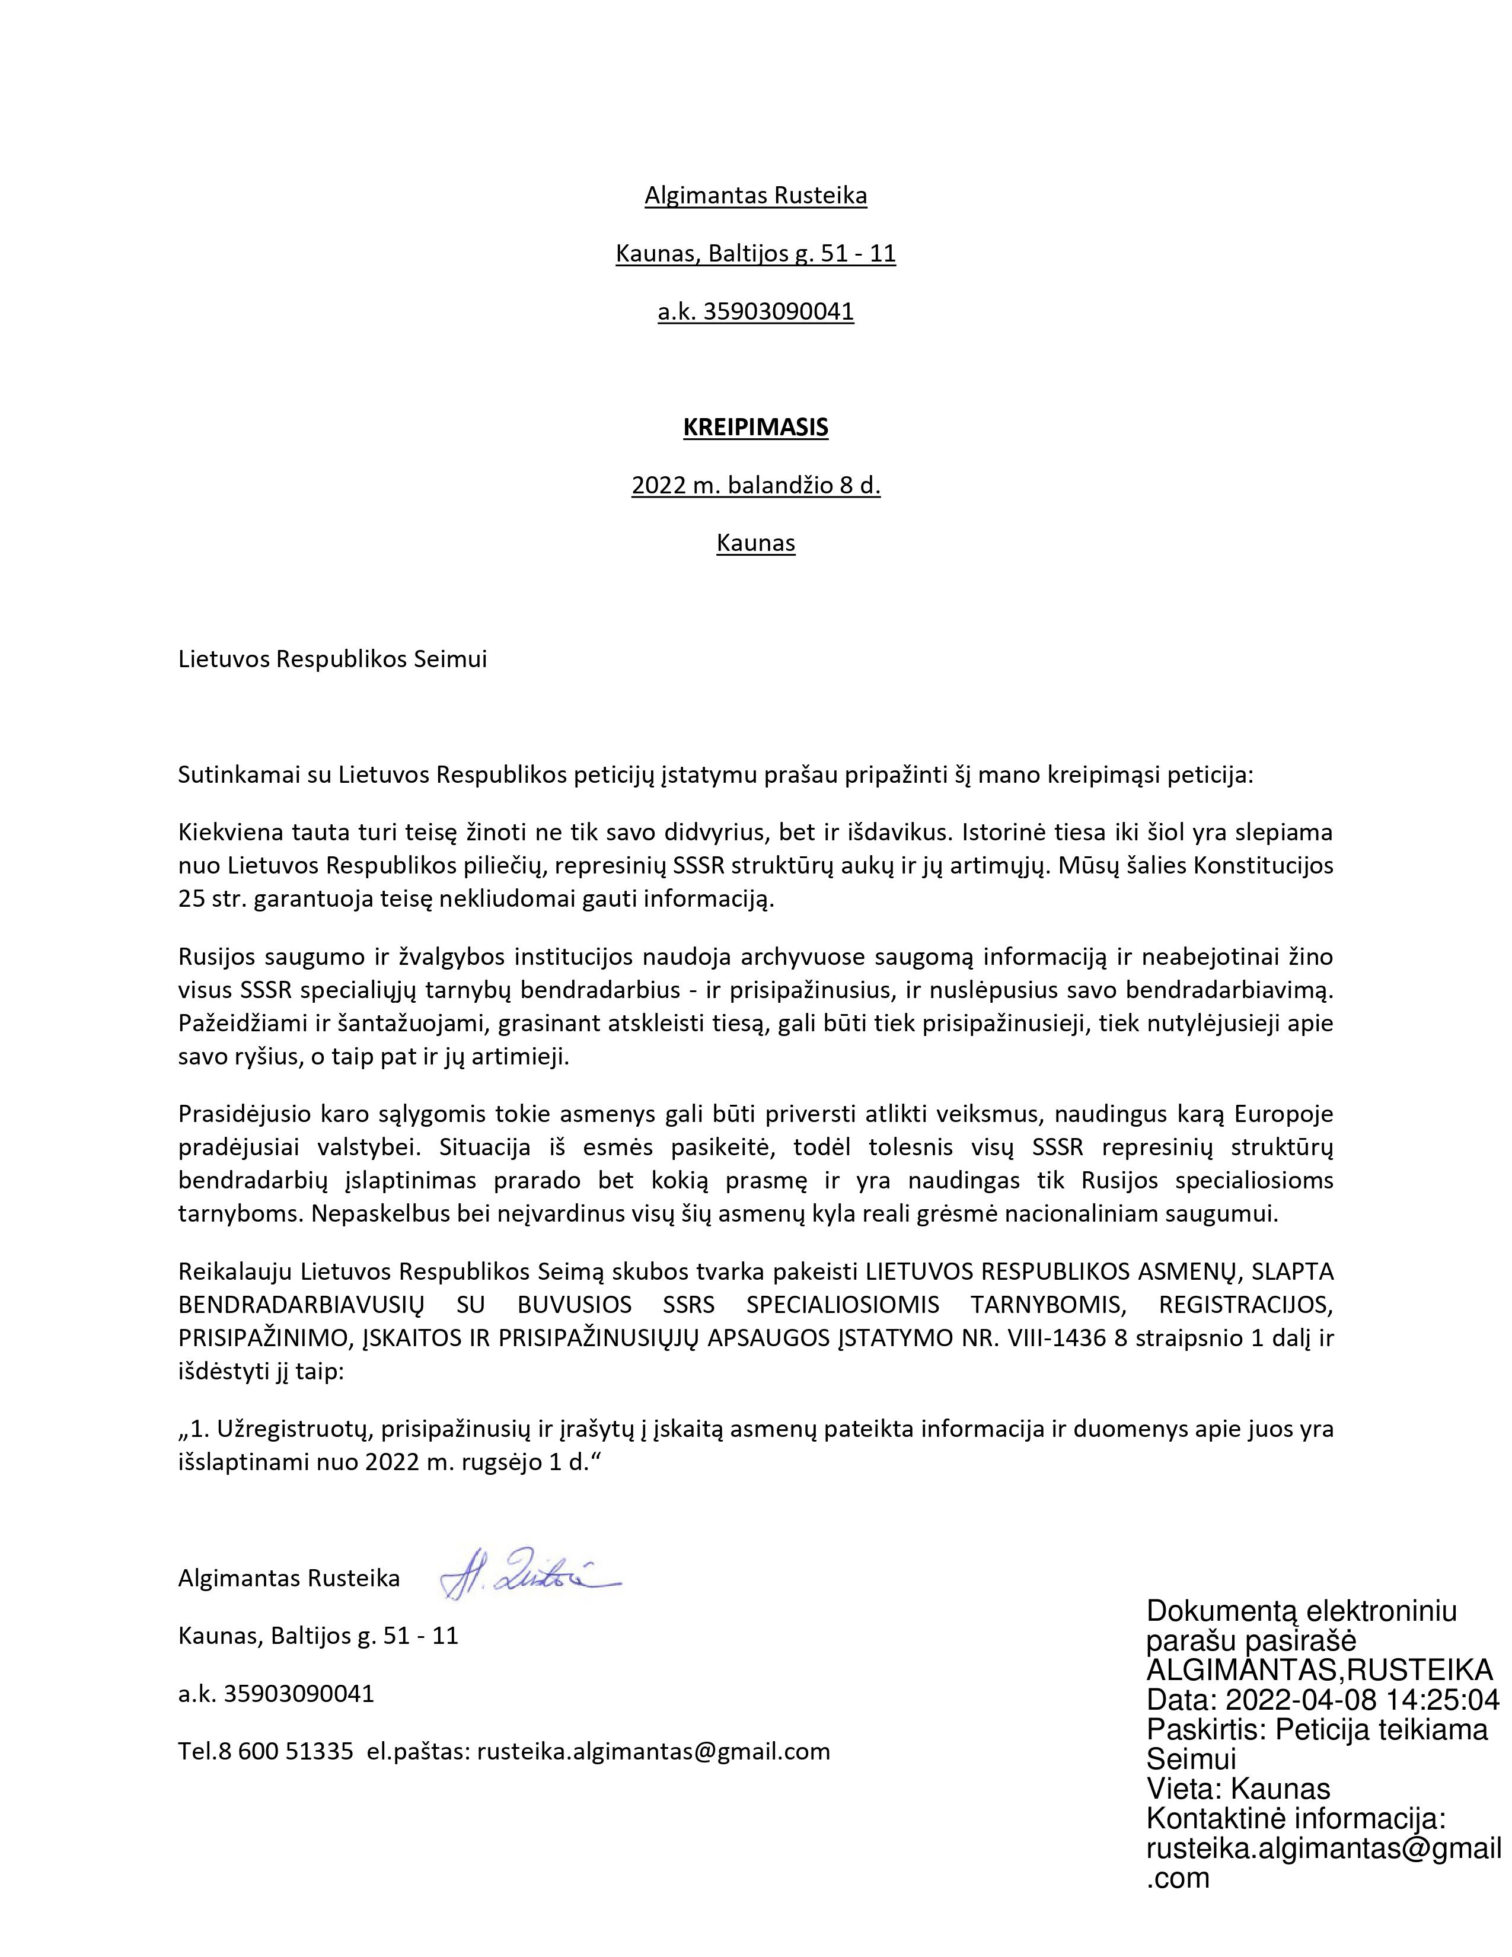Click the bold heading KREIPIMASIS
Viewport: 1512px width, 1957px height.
tap(755, 428)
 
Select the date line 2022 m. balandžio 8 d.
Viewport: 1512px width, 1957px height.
tap(755, 486)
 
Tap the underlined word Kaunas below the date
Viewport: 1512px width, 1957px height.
tap(755, 543)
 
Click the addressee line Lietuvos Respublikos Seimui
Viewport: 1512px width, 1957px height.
tap(332, 659)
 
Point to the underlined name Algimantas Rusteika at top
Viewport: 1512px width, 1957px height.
tap(755, 195)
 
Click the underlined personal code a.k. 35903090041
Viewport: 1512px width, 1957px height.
tap(755, 312)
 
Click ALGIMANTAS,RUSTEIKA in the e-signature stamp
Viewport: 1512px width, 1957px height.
tap(1319, 1670)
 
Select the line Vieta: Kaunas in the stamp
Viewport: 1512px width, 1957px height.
tap(1238, 1789)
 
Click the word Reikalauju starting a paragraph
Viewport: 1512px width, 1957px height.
tap(235, 1271)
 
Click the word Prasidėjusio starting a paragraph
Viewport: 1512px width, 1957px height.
tap(243, 1114)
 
